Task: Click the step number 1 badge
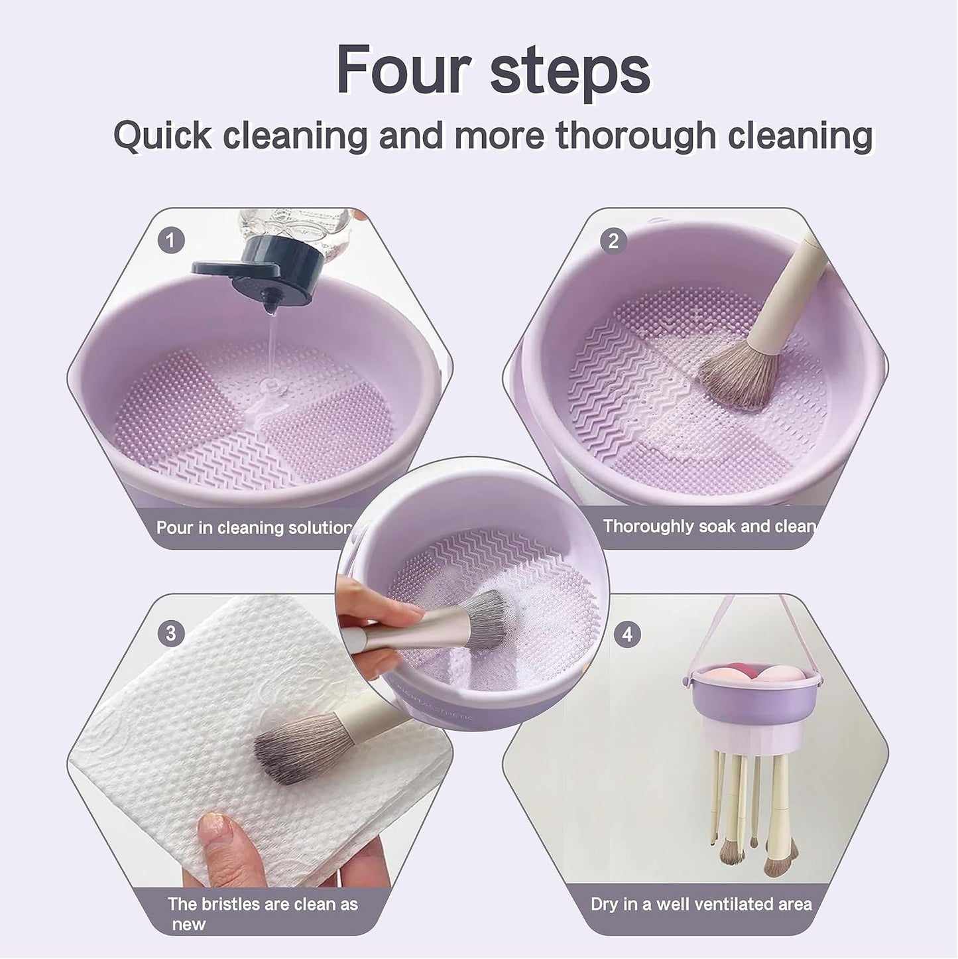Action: [x=171, y=241]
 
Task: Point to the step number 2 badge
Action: [x=613, y=241]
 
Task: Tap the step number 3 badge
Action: [x=171, y=633]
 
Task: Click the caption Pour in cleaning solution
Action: [x=255, y=527]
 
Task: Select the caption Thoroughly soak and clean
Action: [x=709, y=526]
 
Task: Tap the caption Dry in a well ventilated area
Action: [x=701, y=904]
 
